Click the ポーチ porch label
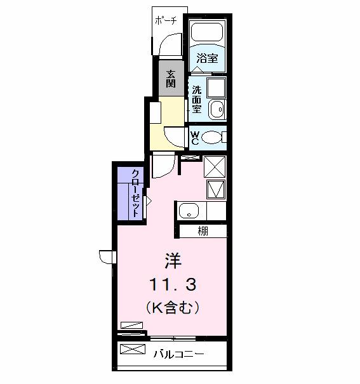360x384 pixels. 166,20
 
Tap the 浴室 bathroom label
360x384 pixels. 207,58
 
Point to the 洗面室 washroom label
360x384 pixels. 197,100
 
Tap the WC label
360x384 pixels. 195,137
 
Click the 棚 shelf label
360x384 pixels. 202,231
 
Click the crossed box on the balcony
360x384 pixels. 129,349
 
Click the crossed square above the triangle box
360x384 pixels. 215,167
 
